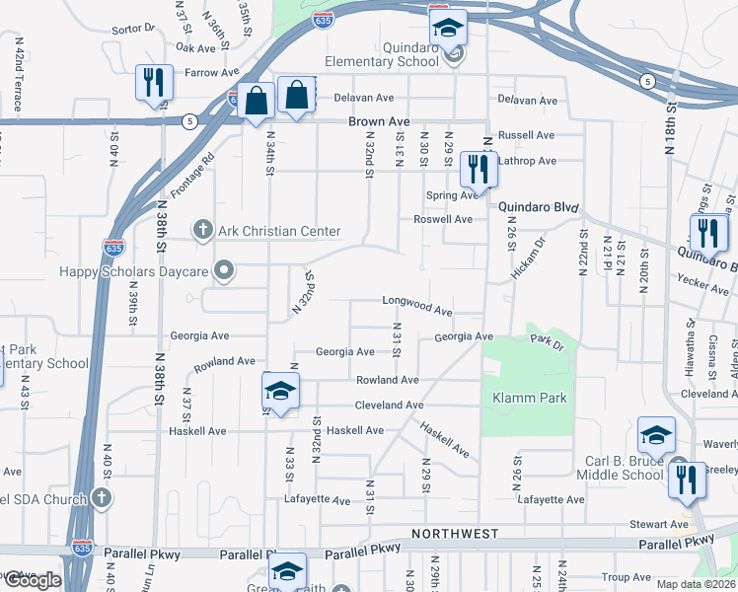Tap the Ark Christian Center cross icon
click(x=203, y=231)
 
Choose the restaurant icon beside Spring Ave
click(x=479, y=169)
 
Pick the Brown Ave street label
click(x=378, y=121)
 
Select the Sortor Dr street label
click(x=134, y=29)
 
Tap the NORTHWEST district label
click(x=455, y=534)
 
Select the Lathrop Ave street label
click(x=528, y=160)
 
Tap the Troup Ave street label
click(x=627, y=577)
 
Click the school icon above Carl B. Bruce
click(x=657, y=435)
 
